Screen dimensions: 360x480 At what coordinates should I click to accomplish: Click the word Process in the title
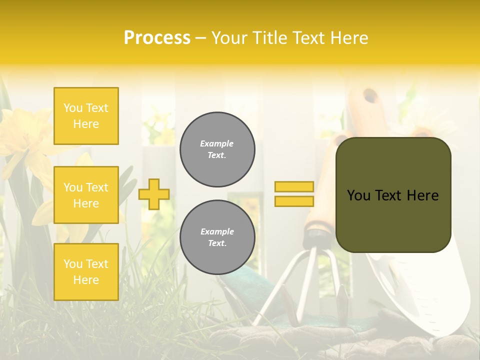pyautogui.click(x=157, y=38)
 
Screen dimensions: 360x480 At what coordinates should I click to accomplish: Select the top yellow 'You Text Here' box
pyautogui.click(x=86, y=116)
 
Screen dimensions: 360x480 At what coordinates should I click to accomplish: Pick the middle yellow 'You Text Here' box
pyautogui.click(x=86, y=195)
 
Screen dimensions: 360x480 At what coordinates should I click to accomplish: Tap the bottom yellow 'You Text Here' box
pyautogui.click(x=86, y=272)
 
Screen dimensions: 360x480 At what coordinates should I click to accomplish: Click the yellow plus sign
pyautogui.click(x=154, y=194)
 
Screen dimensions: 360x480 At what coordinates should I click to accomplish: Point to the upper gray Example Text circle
pyautogui.click(x=217, y=149)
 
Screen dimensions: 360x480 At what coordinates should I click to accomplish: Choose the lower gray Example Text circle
pyautogui.click(x=217, y=237)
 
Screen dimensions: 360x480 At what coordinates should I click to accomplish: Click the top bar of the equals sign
pyautogui.click(x=294, y=186)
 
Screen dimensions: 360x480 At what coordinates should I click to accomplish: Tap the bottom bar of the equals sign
pyautogui.click(x=294, y=201)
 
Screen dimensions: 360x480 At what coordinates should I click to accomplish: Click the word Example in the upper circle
pyautogui.click(x=217, y=143)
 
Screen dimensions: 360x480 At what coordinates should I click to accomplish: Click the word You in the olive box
pyautogui.click(x=359, y=195)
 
